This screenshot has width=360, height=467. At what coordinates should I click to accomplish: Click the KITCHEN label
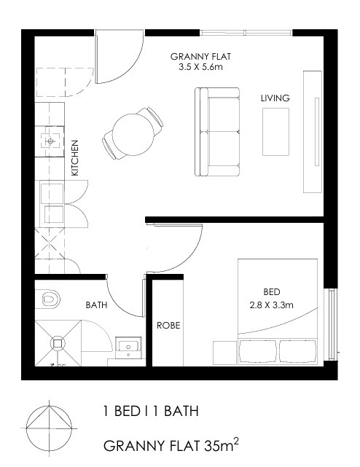click(x=75, y=158)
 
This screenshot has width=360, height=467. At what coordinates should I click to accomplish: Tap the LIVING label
click(x=275, y=98)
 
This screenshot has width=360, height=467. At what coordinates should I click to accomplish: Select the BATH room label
click(x=96, y=305)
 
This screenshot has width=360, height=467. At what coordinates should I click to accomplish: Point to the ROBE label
click(x=168, y=325)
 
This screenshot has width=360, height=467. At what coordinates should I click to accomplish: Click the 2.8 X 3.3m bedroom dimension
click(x=271, y=305)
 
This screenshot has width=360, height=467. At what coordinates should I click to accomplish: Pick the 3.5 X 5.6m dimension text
click(x=200, y=67)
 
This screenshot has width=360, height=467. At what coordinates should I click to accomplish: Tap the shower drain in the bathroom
click(x=58, y=344)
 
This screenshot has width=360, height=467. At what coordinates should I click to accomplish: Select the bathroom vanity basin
click(x=128, y=348)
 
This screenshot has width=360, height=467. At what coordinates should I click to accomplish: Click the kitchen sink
click(x=50, y=141)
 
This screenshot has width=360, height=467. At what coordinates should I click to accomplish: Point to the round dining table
click(x=133, y=135)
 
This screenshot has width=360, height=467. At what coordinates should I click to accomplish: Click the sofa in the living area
click(x=217, y=132)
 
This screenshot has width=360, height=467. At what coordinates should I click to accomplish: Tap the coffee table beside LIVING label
click(x=275, y=132)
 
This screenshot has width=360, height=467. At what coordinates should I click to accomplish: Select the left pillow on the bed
click(x=258, y=351)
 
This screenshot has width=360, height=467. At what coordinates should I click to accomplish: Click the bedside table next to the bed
click(x=225, y=353)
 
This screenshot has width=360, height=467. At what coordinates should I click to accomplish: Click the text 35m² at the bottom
click(x=222, y=444)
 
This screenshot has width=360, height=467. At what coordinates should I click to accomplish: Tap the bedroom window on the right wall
click(x=331, y=324)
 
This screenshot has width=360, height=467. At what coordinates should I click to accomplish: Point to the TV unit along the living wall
click(x=313, y=132)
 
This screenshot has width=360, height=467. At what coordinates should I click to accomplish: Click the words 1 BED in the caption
click(x=122, y=411)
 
